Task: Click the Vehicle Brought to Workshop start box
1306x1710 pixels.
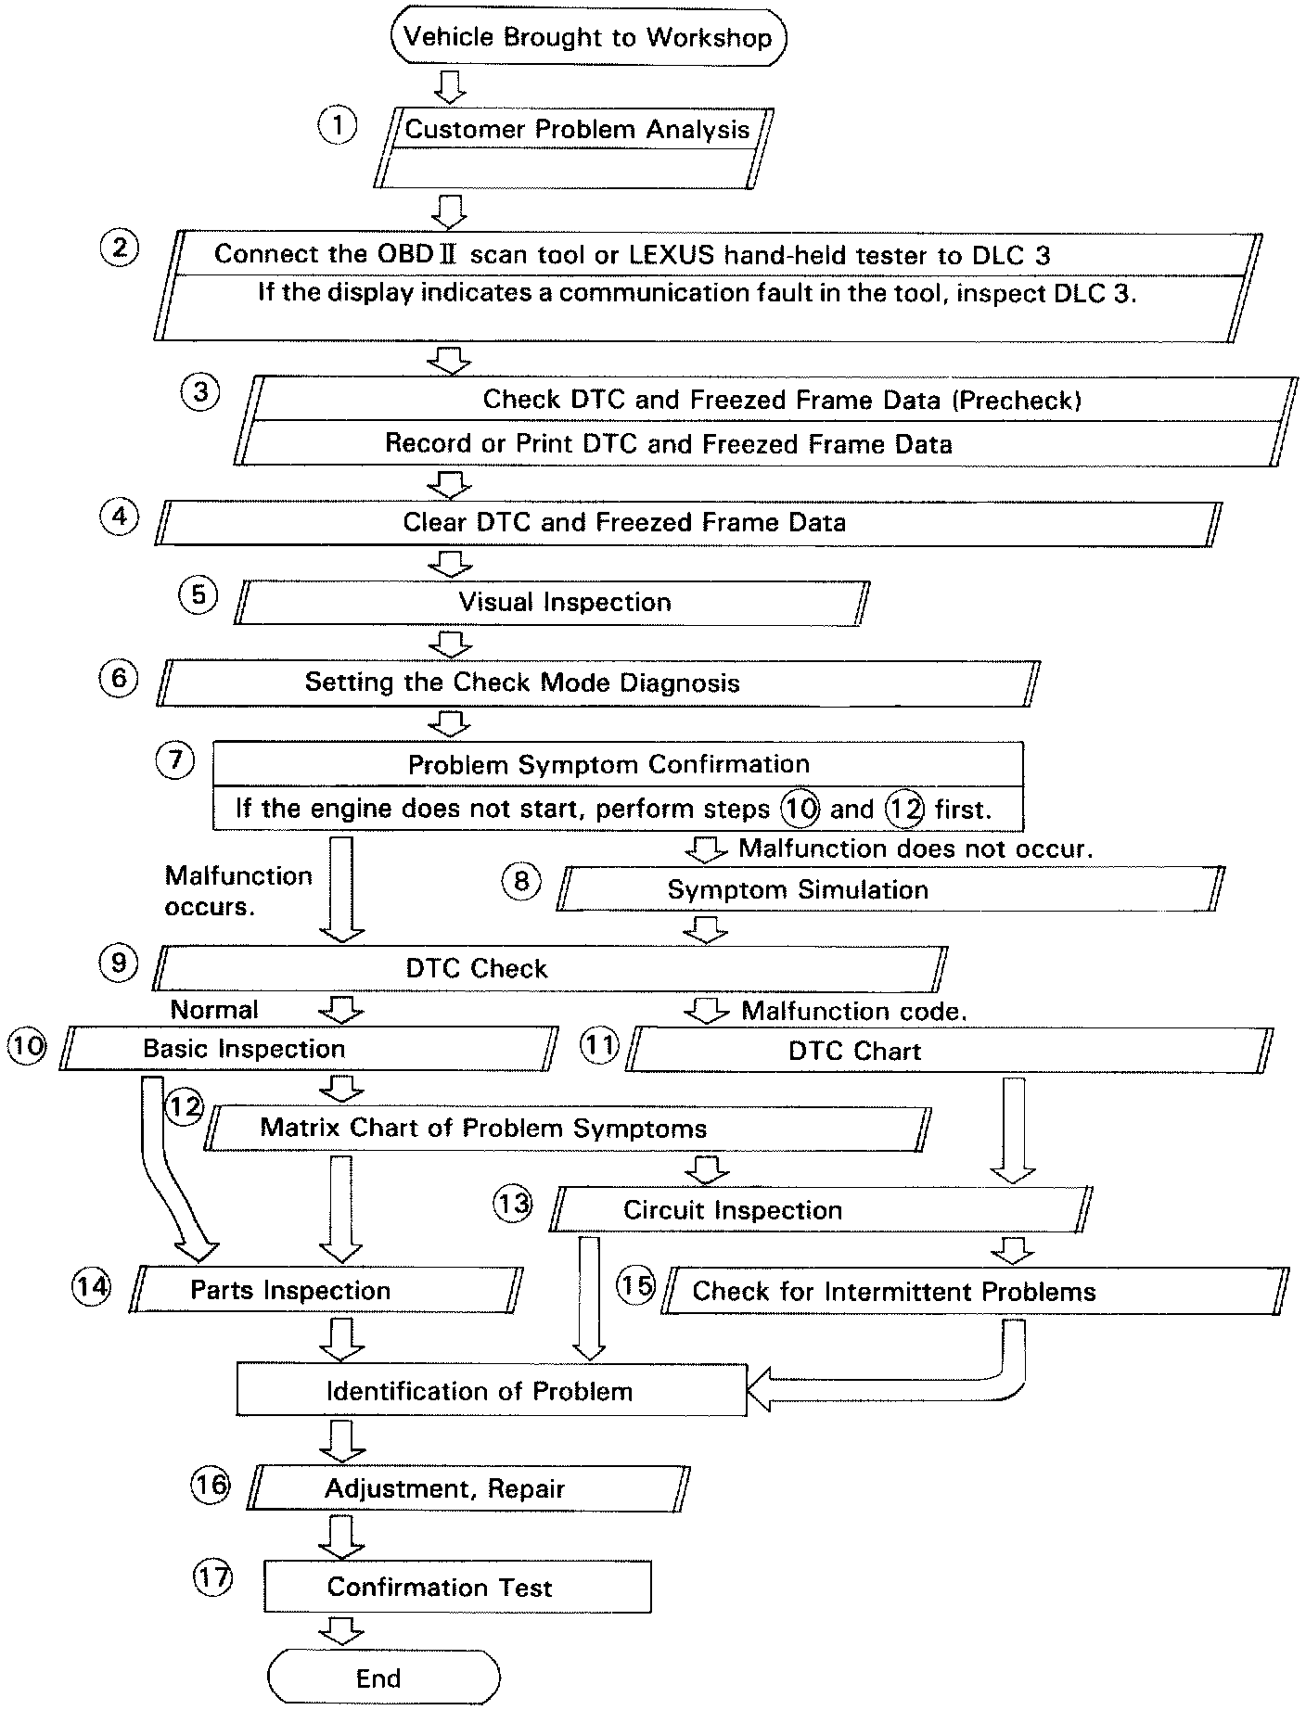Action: [589, 38]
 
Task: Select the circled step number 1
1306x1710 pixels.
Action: [338, 124]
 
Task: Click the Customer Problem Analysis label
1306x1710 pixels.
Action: [577, 129]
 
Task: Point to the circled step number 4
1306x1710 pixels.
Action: [119, 516]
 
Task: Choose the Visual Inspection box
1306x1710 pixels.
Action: [553, 603]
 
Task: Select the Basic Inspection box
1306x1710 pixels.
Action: [308, 1049]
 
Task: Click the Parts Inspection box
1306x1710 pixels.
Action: [325, 1291]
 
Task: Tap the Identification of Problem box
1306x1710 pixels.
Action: [492, 1391]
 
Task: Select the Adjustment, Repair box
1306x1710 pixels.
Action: [471, 1489]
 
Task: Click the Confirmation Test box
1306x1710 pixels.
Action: [457, 1587]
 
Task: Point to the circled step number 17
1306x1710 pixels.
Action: [212, 1577]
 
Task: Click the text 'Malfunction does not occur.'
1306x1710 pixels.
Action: [915, 849]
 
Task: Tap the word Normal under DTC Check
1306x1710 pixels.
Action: [214, 1009]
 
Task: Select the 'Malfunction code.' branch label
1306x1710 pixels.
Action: [853, 1012]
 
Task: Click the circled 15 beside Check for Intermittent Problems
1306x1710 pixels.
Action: [636, 1286]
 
